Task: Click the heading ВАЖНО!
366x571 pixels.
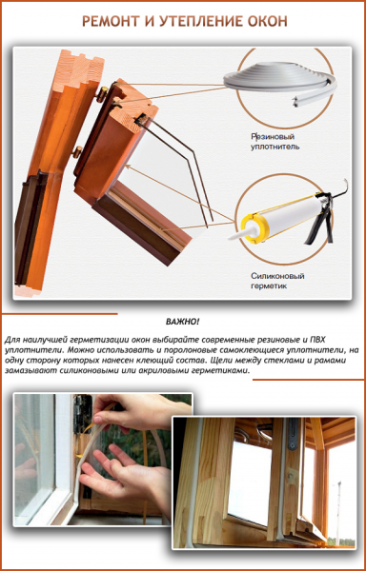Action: (182, 322)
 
